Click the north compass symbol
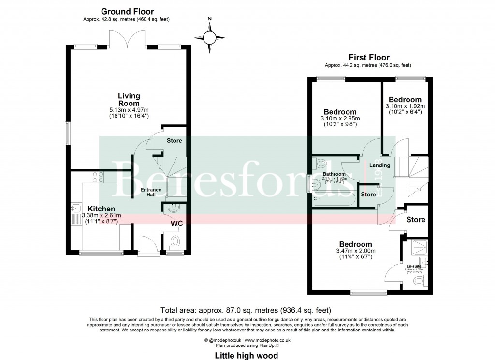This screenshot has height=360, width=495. (209, 37)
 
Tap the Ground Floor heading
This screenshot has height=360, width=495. (127, 11)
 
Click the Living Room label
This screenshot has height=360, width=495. (129, 100)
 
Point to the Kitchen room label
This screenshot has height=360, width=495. (101, 209)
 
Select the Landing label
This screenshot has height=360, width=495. (380, 165)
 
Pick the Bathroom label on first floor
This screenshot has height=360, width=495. (335, 174)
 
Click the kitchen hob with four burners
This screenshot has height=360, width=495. (94, 178)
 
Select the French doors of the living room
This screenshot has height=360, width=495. (127, 39)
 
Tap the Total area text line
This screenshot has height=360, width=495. (247, 310)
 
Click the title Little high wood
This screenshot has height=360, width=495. (247, 356)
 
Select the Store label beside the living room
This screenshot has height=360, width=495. (175, 141)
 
